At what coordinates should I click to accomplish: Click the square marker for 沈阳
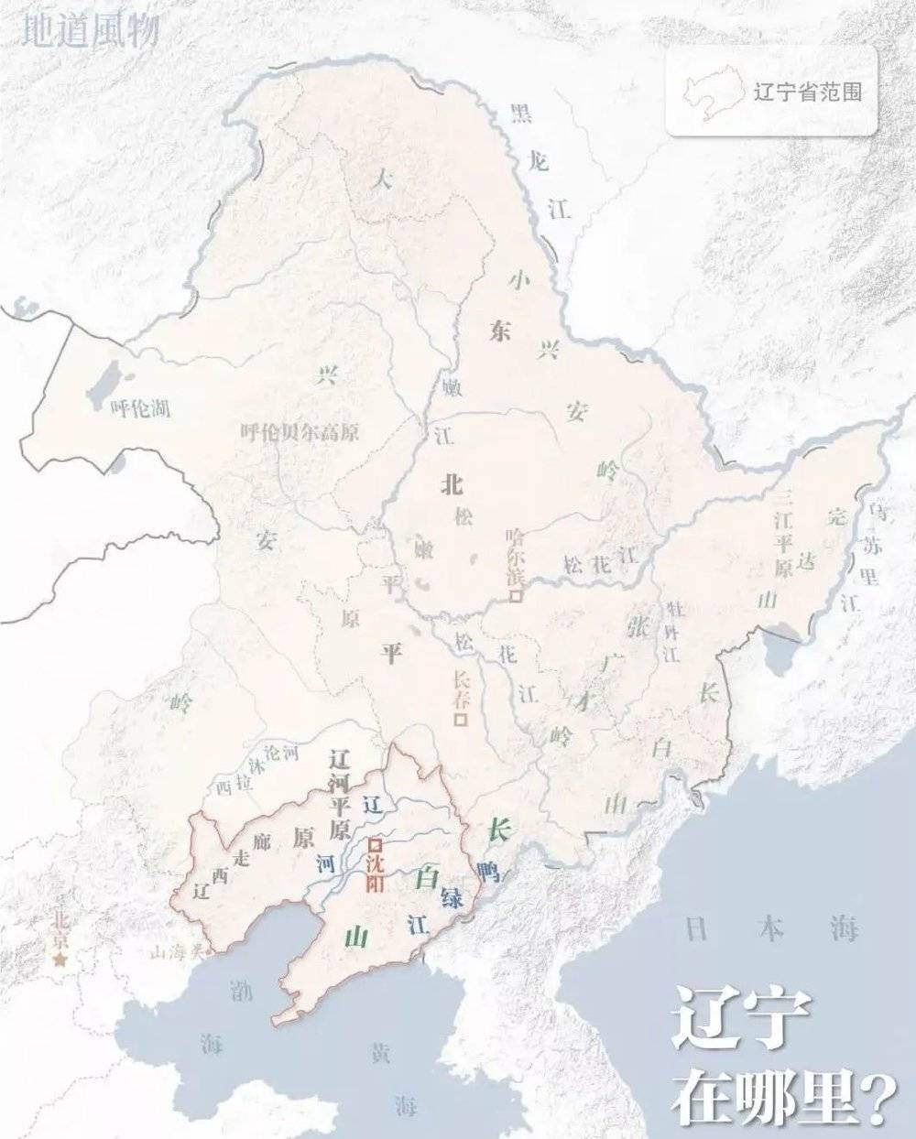374,844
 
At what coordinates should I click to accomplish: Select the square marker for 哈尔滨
516,596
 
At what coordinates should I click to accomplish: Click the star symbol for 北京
61,960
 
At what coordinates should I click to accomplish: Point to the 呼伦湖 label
139,408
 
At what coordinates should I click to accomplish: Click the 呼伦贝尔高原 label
299,433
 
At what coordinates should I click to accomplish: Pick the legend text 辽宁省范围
807,92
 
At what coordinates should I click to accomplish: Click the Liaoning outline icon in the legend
712,92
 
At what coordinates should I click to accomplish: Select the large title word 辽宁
742,1018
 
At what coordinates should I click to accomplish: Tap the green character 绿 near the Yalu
451,895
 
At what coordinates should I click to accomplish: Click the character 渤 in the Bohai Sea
241,991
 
